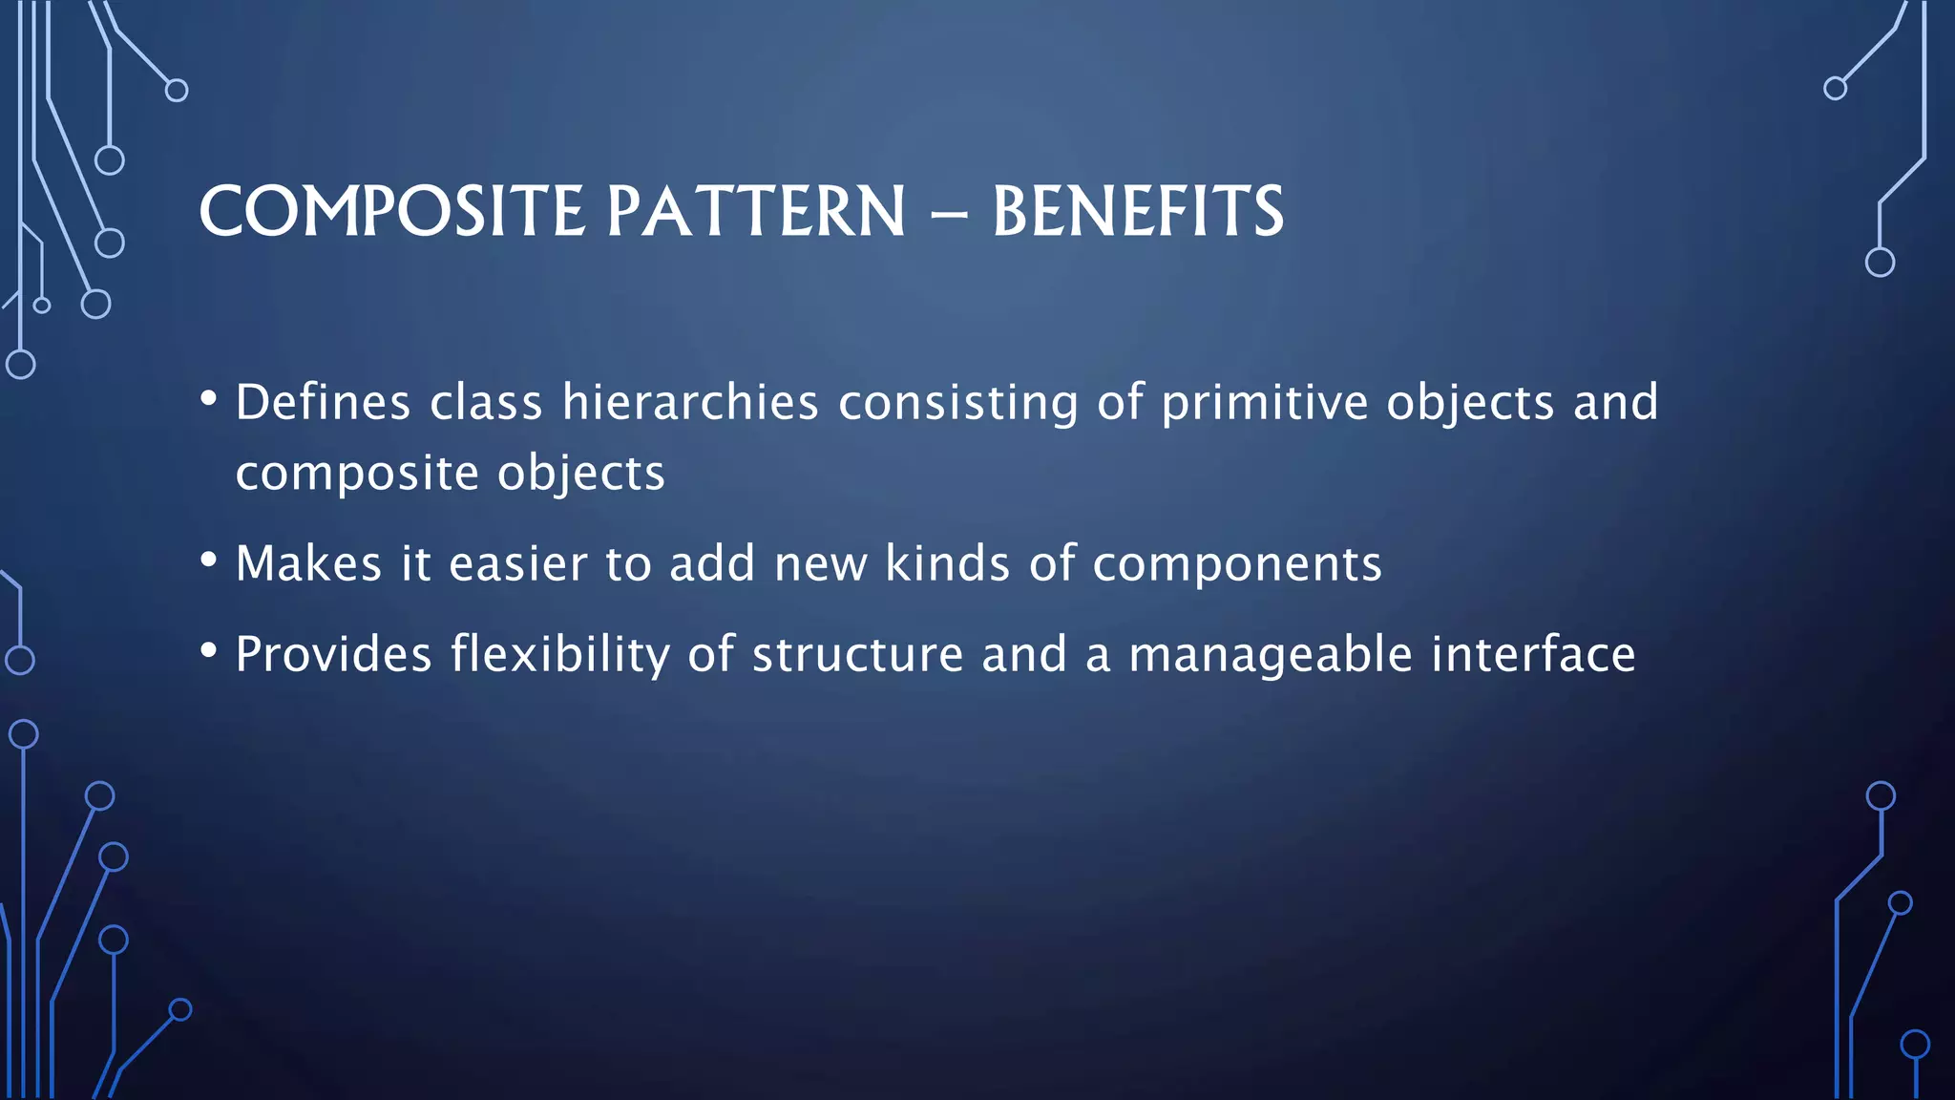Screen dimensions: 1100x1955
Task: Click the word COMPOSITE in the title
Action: (x=391, y=212)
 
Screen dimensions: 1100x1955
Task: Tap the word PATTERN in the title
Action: (x=756, y=212)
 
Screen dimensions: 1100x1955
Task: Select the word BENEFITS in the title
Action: (x=1138, y=212)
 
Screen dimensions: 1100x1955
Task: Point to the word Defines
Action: (x=323, y=403)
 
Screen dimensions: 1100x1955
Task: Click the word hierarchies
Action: (x=690, y=403)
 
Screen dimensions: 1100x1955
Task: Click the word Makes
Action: (x=308, y=563)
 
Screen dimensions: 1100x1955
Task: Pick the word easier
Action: (x=517, y=563)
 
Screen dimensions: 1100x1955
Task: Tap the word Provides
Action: (x=333, y=655)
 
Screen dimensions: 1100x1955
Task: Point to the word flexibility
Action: (x=560, y=656)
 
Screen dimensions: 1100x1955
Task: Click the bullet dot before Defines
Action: (x=209, y=399)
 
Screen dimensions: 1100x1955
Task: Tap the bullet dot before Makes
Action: (x=209, y=561)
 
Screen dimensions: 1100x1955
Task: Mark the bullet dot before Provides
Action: (x=209, y=651)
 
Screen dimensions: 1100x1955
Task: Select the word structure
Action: (x=857, y=656)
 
